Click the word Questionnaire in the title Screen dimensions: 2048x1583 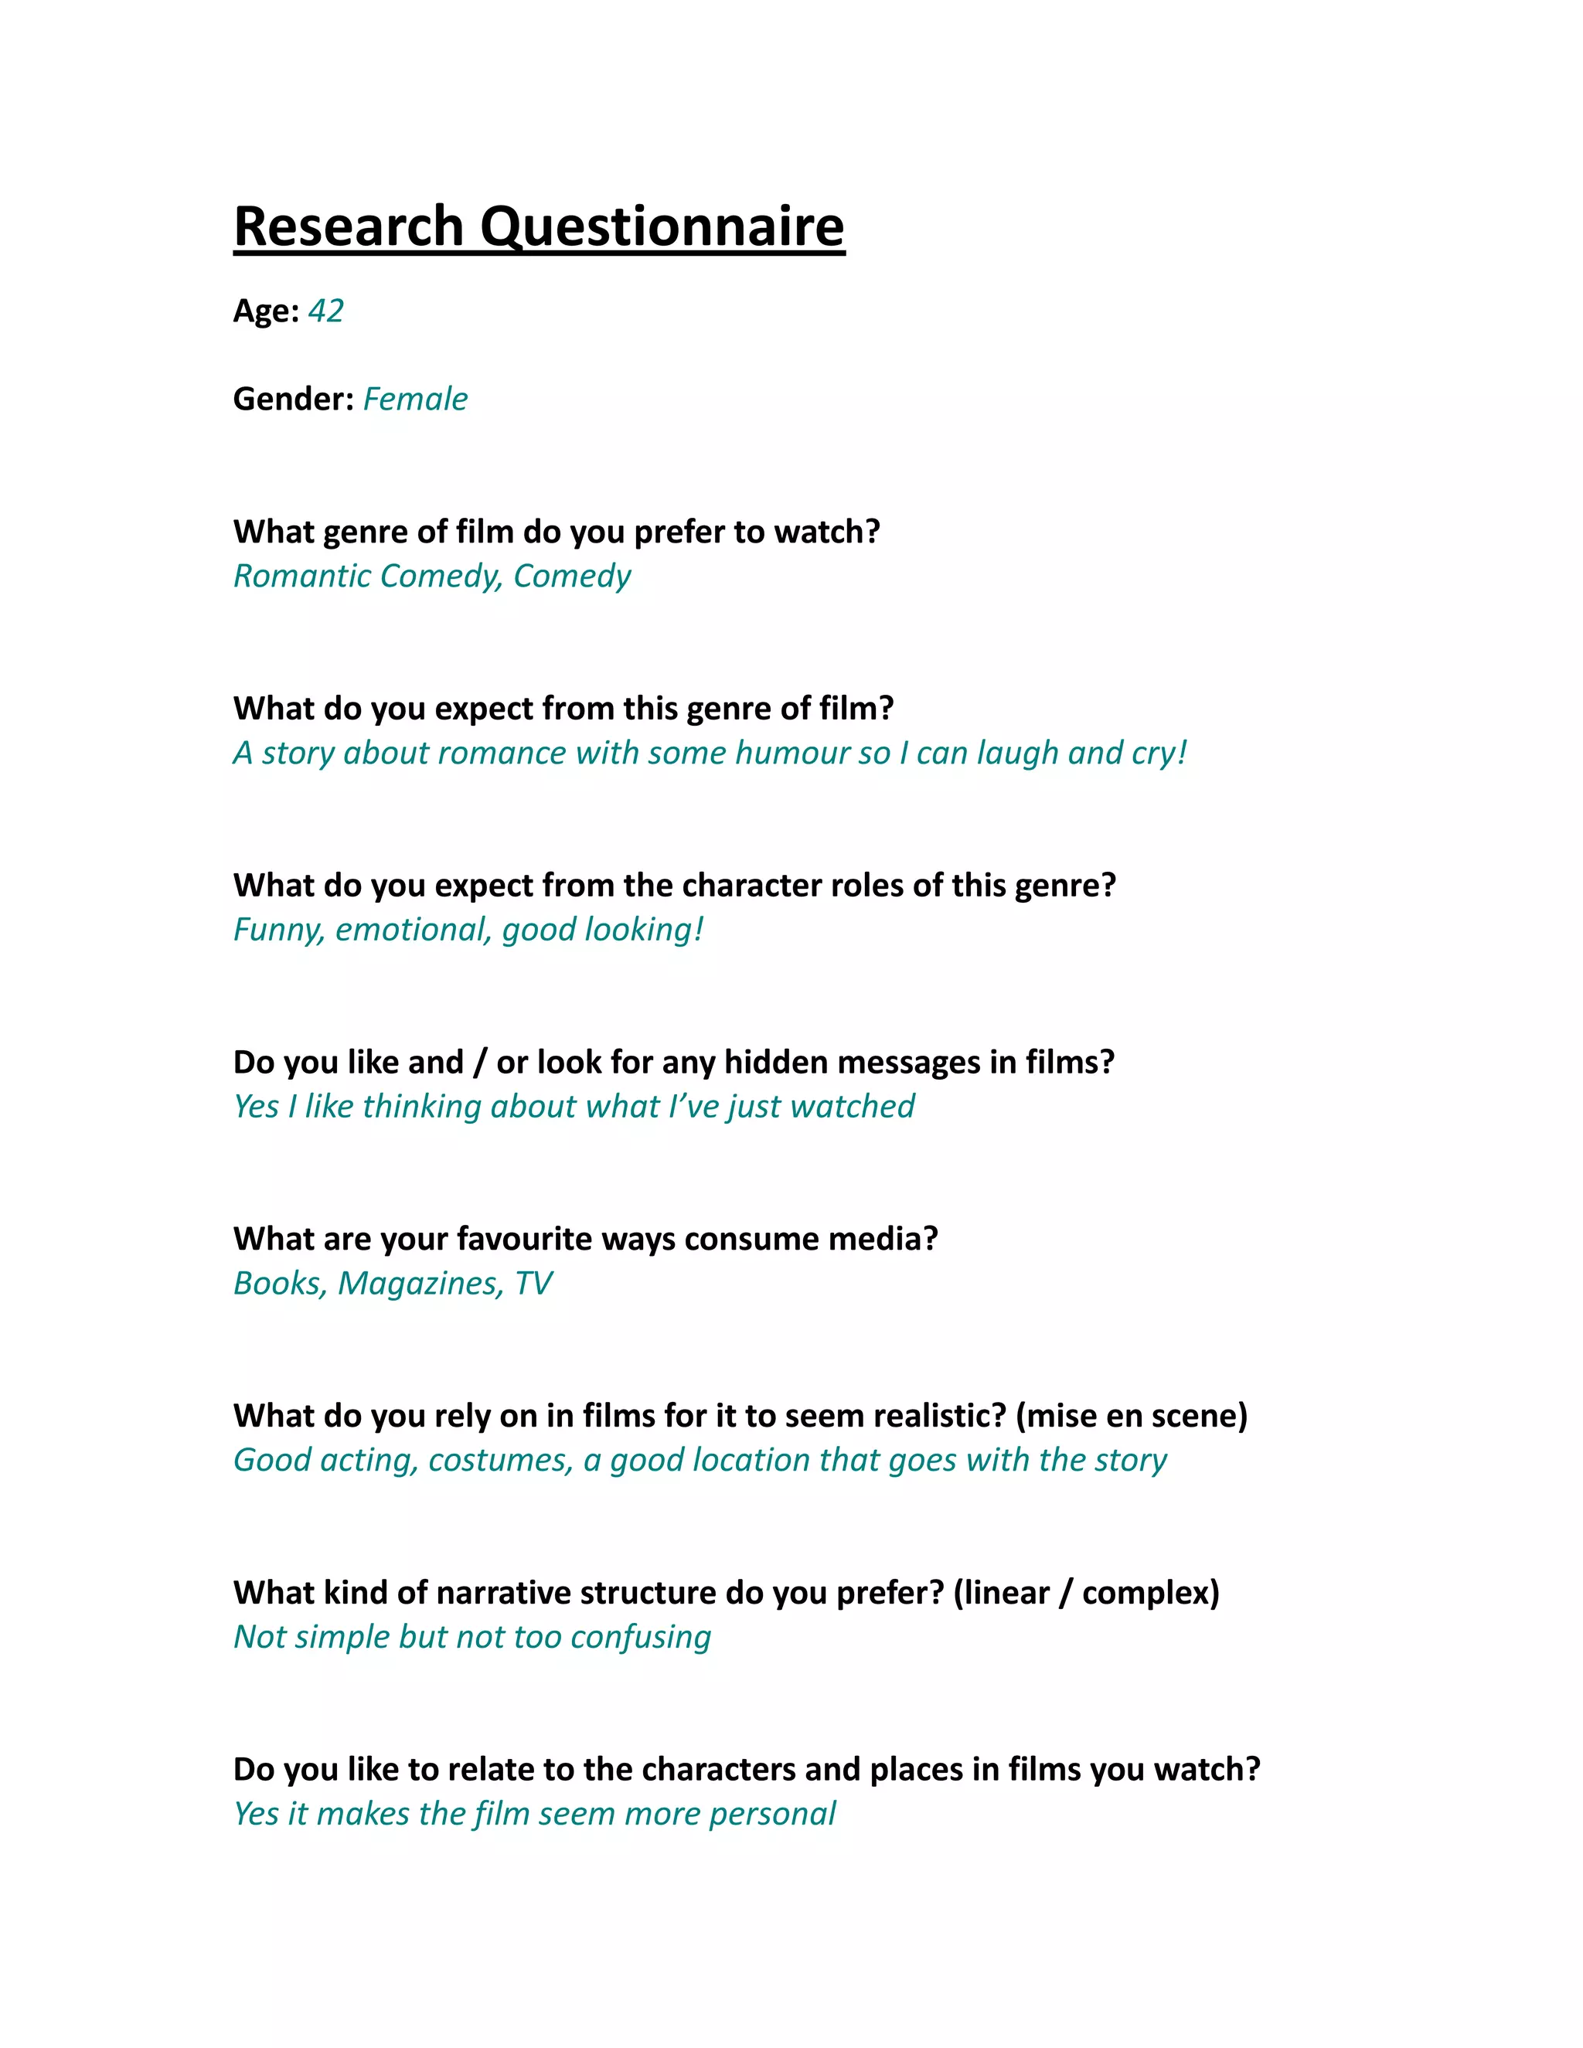(x=662, y=228)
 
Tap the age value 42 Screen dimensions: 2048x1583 (x=325, y=311)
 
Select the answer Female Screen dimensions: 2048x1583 (x=415, y=400)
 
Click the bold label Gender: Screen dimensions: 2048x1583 (x=294, y=400)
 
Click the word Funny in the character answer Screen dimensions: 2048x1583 (x=278, y=930)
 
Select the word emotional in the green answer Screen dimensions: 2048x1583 (x=413, y=930)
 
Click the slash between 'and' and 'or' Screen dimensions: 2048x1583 (x=480, y=1063)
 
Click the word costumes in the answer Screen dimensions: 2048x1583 (x=500, y=1461)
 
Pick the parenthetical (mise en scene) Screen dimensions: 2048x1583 (x=1131, y=1416)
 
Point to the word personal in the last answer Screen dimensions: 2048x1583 (x=772, y=1815)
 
